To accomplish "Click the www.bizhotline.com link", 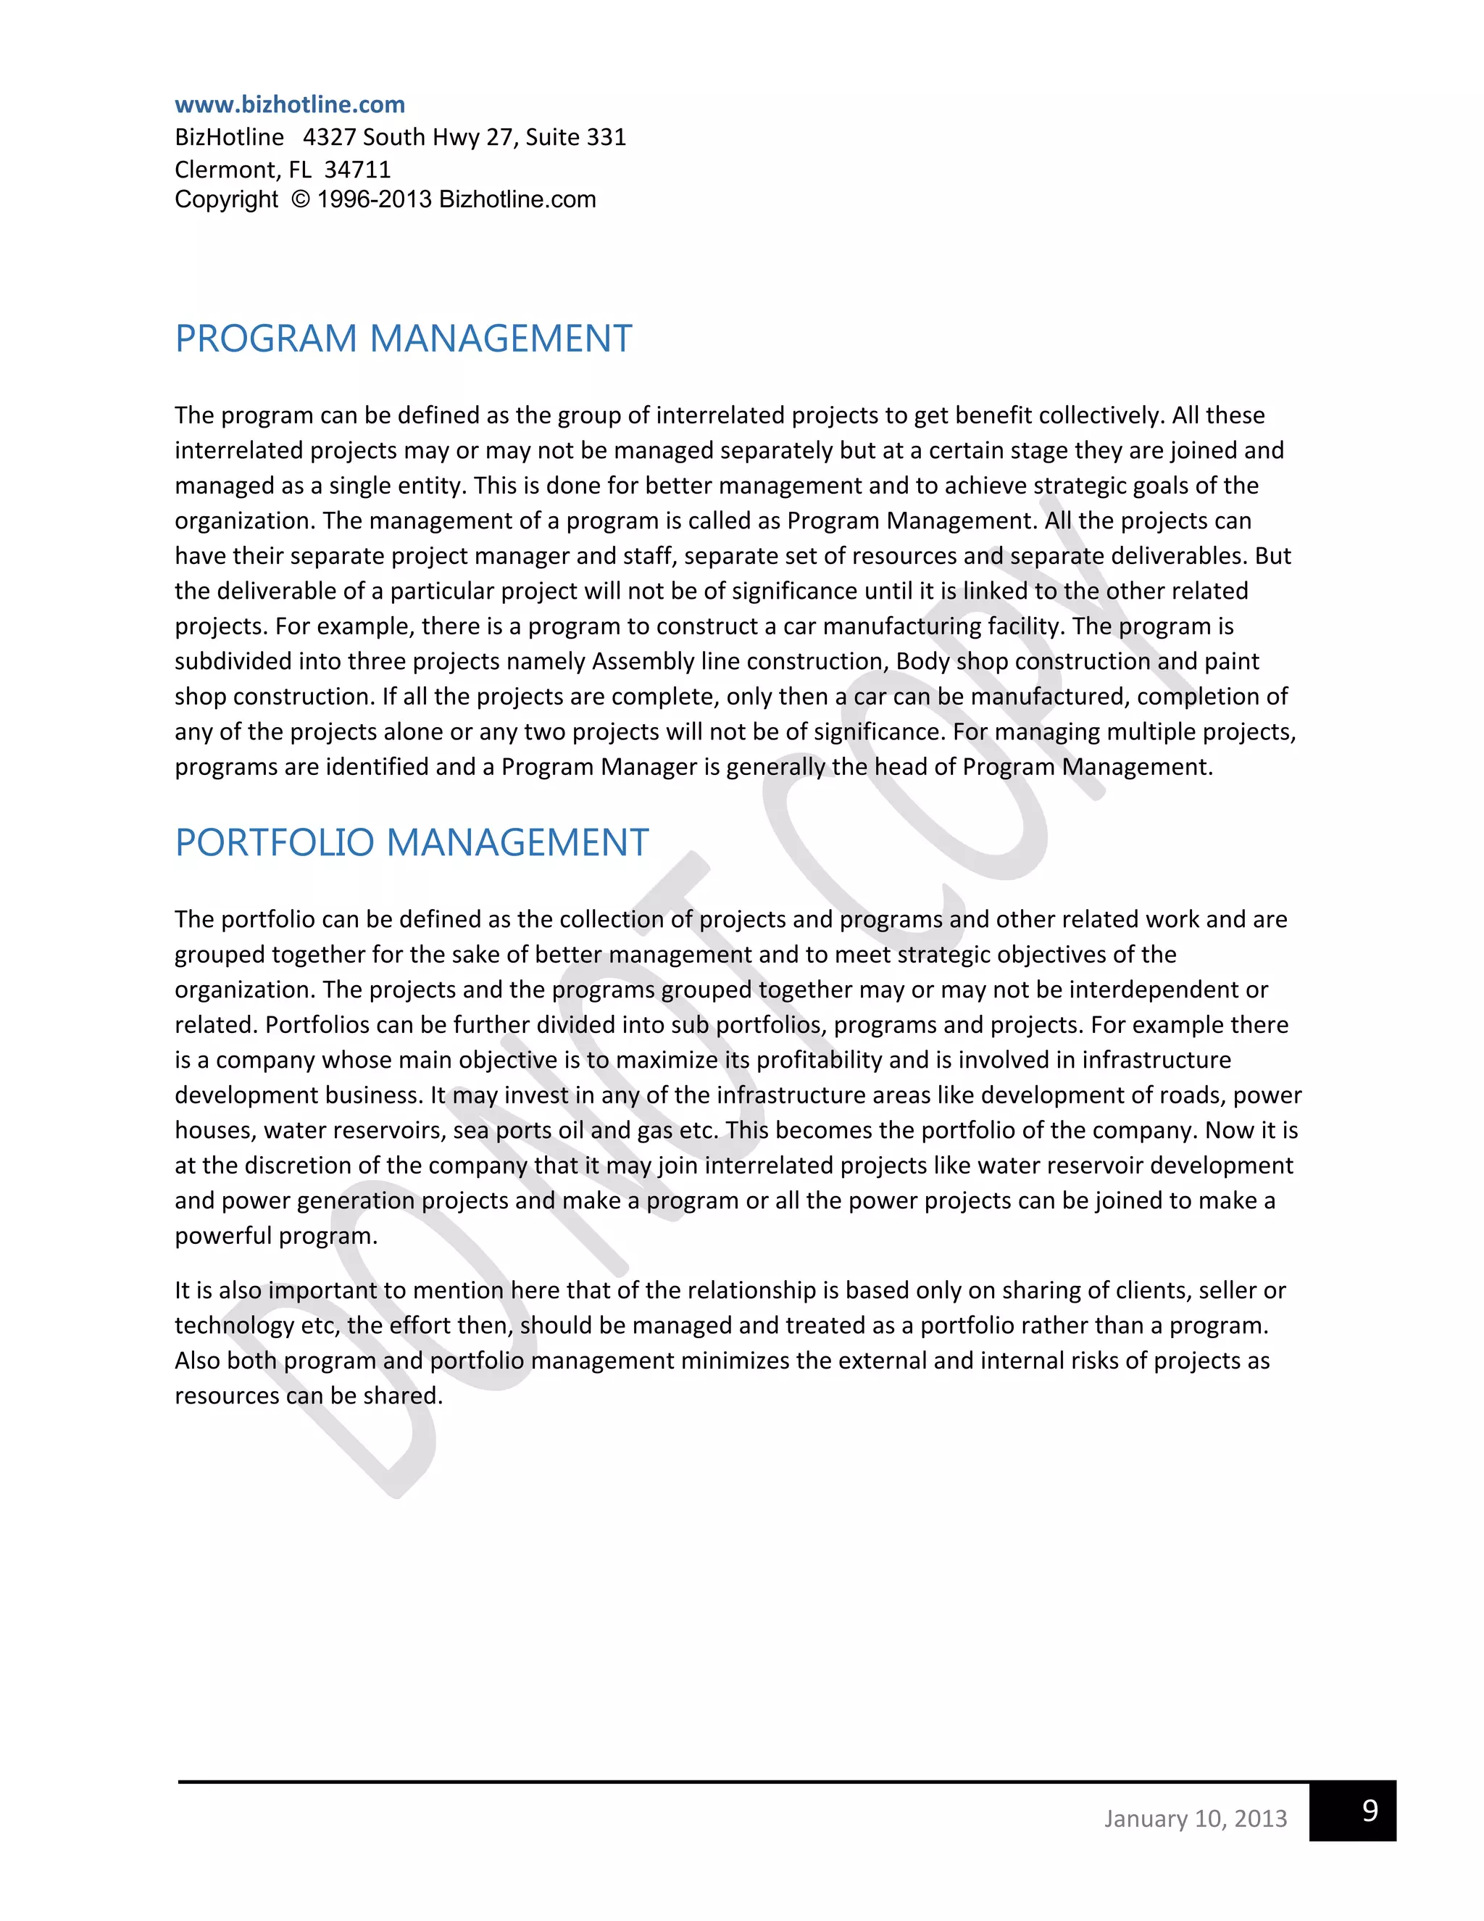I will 289,104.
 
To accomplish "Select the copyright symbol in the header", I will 301,199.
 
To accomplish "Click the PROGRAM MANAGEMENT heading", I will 403,339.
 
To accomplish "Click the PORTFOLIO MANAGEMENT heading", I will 411,842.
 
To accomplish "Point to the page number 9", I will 1369,1809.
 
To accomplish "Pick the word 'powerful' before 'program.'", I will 222,1236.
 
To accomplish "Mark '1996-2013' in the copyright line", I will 374,199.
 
